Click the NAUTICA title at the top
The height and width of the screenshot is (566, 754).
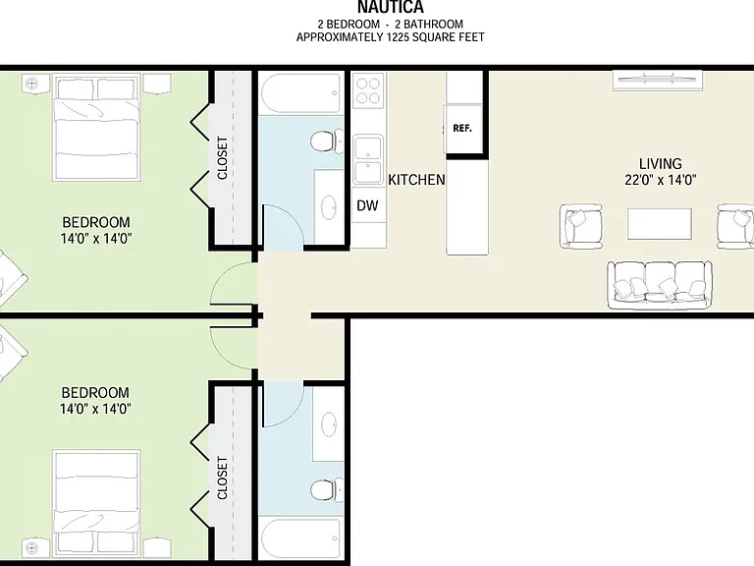[391, 7]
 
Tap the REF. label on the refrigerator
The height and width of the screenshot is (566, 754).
[462, 129]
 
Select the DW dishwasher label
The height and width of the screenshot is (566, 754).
[367, 205]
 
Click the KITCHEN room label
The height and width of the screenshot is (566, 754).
[416, 180]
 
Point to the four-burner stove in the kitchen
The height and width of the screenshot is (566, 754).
[369, 90]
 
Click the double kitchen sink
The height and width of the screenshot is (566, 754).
[368, 159]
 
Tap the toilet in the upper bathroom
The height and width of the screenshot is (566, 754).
[327, 141]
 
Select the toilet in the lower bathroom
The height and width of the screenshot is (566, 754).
[327, 490]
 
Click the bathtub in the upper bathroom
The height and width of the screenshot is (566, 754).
[301, 93]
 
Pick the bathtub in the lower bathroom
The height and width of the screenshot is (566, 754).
[301, 538]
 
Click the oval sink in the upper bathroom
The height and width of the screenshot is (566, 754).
[329, 207]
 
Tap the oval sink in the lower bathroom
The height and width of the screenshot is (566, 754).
[329, 424]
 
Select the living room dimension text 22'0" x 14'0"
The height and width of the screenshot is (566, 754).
[660, 180]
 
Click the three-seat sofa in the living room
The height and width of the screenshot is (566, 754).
[660, 285]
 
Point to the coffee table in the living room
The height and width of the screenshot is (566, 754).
[660, 224]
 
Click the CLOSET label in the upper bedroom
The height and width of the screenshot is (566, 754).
[222, 158]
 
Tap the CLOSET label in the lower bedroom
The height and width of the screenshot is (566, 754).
[222, 478]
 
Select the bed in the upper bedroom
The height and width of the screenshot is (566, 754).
[96, 127]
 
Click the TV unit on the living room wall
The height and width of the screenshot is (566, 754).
[658, 81]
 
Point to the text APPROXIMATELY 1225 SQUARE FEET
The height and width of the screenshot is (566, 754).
[391, 37]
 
